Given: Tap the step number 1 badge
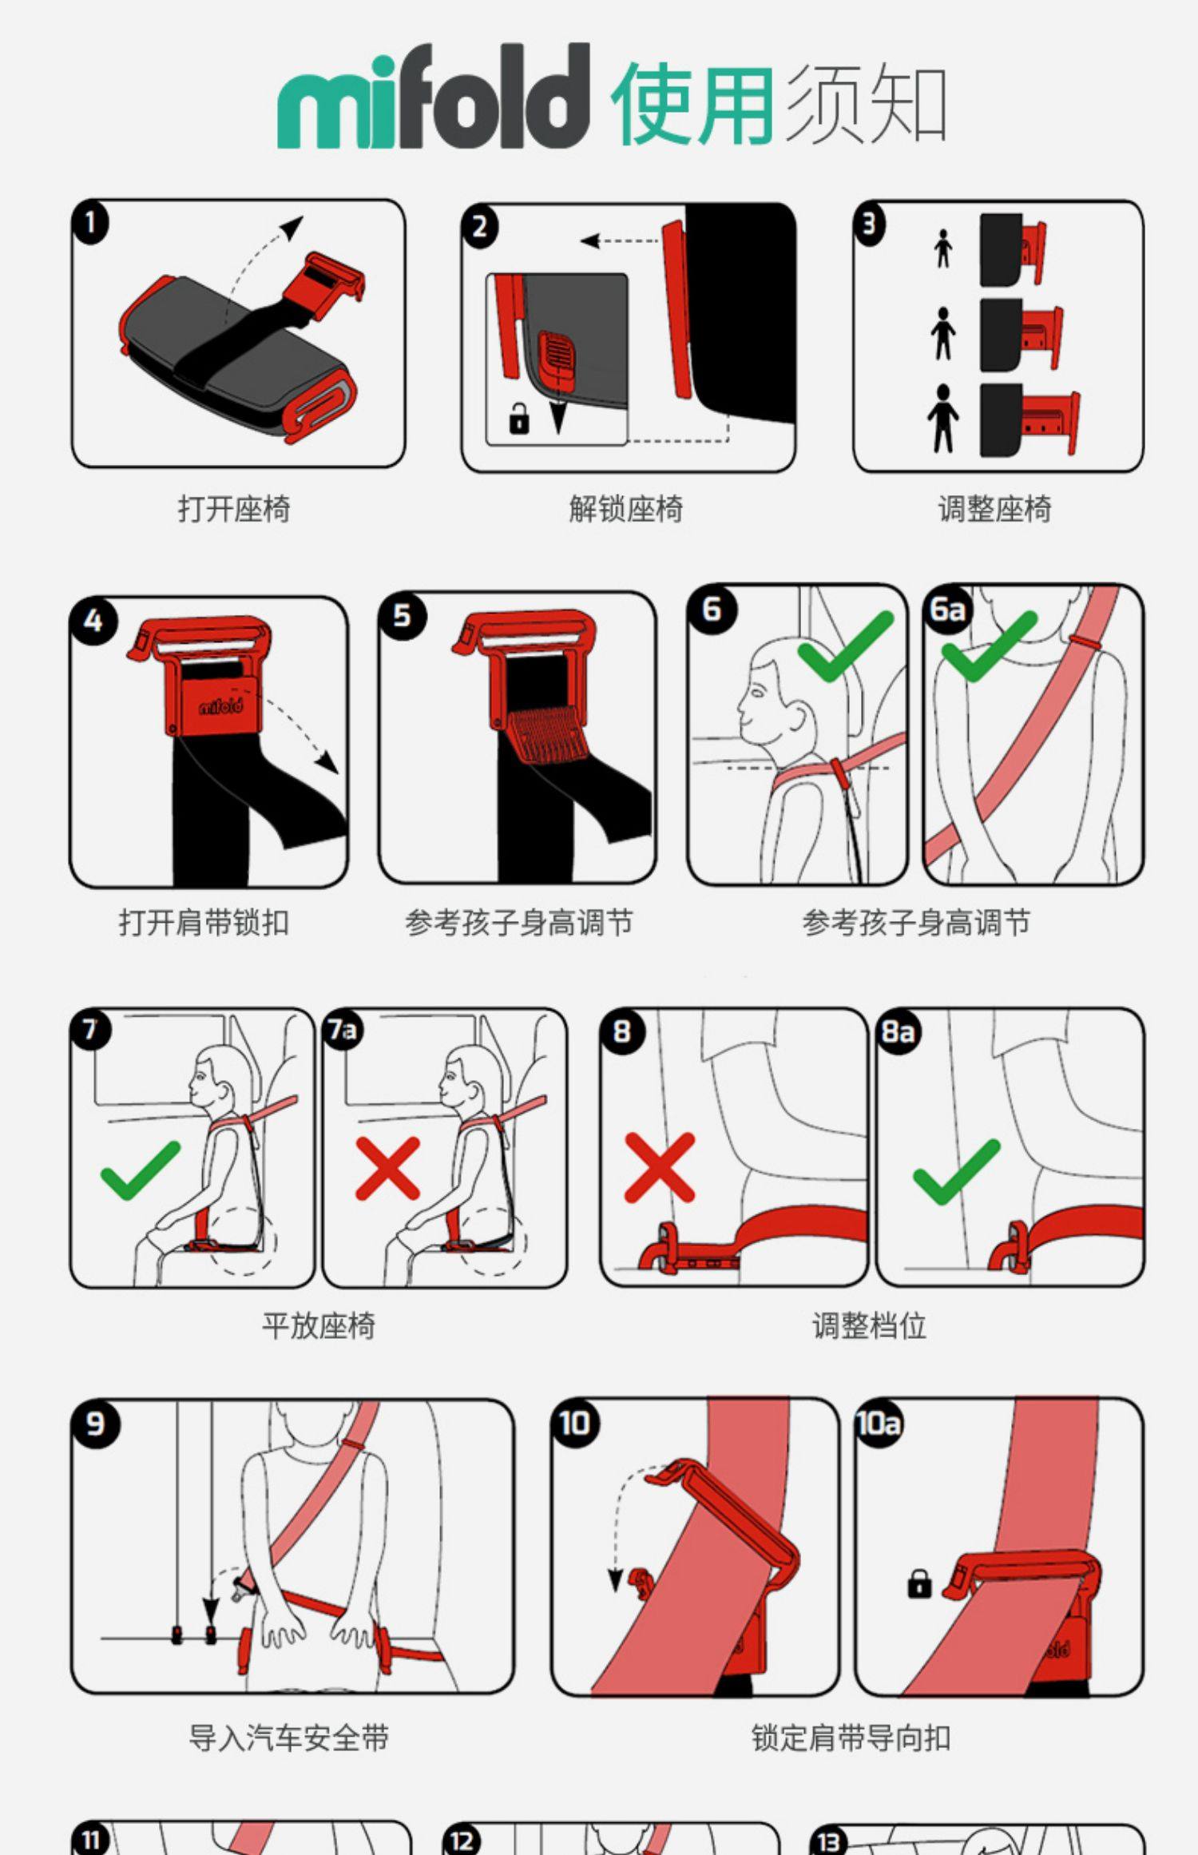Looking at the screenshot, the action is pyautogui.click(x=90, y=223).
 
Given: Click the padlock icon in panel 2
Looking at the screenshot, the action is pyautogui.click(x=519, y=418).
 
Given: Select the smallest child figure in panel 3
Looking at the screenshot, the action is pyautogui.click(x=943, y=248).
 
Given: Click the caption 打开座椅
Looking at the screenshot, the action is pyautogui.click(x=234, y=508).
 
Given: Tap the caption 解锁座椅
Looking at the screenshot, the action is pyautogui.click(x=626, y=508).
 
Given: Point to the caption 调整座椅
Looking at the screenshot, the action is pyautogui.click(x=994, y=508).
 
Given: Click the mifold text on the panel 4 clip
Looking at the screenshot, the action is pyautogui.click(x=220, y=705).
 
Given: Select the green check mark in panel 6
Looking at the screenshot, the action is pyautogui.click(x=845, y=646).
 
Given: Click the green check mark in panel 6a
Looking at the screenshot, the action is pyautogui.click(x=989, y=646).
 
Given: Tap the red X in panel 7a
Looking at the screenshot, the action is pyautogui.click(x=388, y=1169).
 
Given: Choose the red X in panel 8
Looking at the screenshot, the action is pyautogui.click(x=660, y=1167).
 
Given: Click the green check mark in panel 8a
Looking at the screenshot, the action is pyautogui.click(x=956, y=1172).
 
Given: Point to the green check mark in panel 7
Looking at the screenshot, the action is pyautogui.click(x=141, y=1170).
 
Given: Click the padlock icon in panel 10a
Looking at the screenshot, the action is pyautogui.click(x=919, y=1583).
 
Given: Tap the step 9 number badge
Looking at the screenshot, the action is pyautogui.click(x=95, y=1424).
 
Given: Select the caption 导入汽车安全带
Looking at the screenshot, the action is pyautogui.click(x=288, y=1738).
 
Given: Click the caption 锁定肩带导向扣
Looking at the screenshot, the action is pyautogui.click(x=851, y=1738).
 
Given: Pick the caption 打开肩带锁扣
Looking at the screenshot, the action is pyautogui.click(x=204, y=923).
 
